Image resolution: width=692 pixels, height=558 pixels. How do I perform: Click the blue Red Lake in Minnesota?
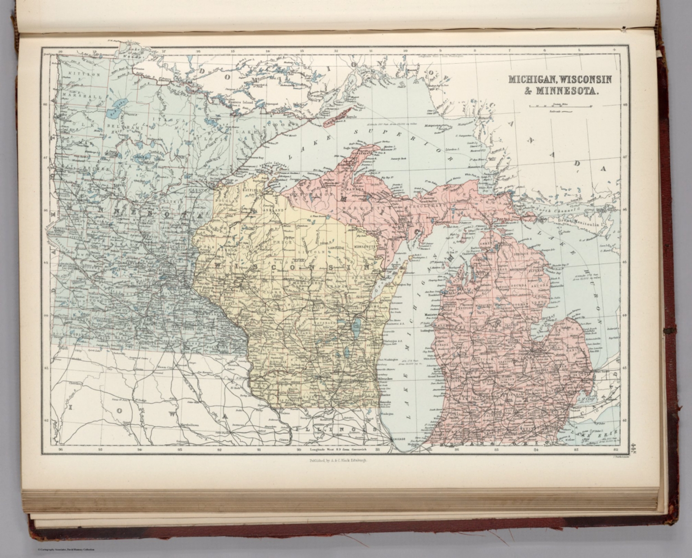point(118,112)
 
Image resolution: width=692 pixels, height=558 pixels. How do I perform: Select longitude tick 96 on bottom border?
point(60,449)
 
